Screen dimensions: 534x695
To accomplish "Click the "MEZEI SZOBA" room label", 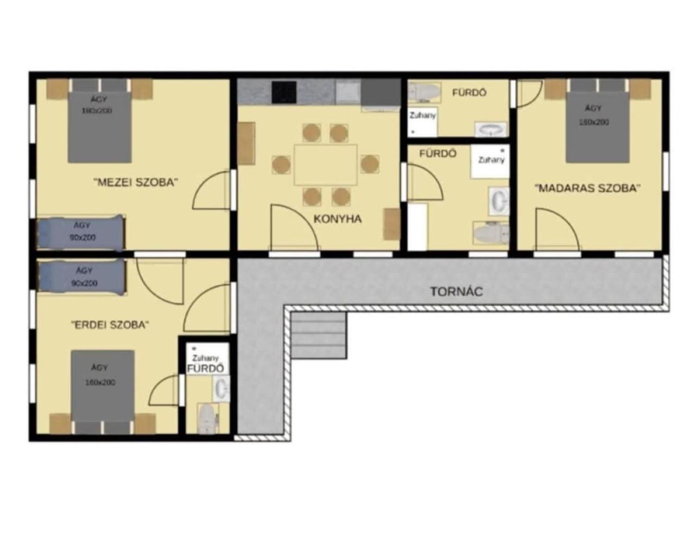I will point(136,182).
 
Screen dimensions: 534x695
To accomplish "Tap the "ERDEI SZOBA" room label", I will point(110,325).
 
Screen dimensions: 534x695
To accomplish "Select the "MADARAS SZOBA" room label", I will point(587,188).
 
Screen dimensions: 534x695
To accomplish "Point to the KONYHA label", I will point(337,219).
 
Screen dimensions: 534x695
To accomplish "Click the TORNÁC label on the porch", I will point(456,292).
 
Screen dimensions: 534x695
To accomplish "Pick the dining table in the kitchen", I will point(326,165).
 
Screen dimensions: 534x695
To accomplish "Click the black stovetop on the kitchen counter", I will point(284,92).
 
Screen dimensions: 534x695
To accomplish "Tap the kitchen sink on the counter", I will point(347,92).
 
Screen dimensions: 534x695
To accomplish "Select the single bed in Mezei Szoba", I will point(80,233).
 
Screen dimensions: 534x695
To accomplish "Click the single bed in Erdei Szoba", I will point(81,277).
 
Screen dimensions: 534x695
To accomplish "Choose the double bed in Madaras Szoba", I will point(597,128).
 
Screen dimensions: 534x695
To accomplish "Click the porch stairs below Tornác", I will point(319,335).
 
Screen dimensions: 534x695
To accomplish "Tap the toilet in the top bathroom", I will point(425,93).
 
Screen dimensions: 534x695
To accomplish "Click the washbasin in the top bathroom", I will point(491,129).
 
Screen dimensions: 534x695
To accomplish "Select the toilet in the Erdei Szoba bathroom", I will point(206,418).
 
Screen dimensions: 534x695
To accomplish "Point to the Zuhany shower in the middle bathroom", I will point(490,161).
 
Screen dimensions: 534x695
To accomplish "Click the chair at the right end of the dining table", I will point(370,164).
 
